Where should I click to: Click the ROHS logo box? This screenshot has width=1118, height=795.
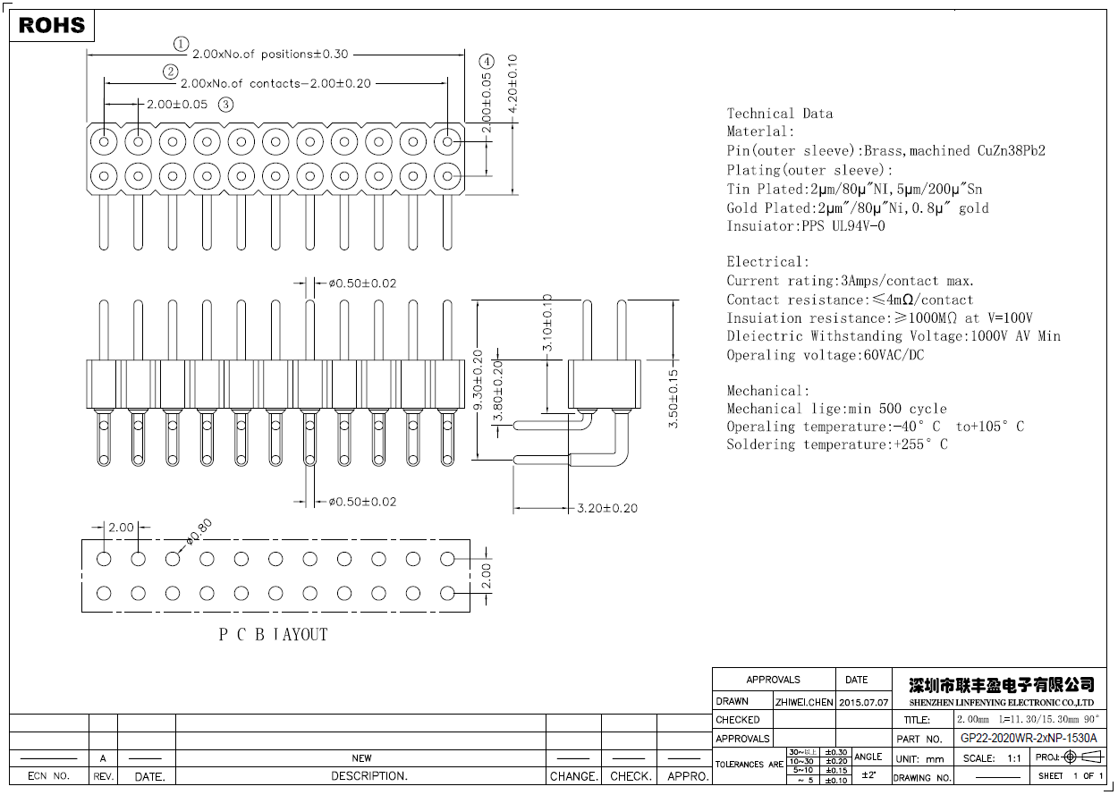[x=52, y=25]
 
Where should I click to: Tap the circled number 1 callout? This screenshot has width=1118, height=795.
[x=182, y=44]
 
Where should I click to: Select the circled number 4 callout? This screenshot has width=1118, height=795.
[x=486, y=62]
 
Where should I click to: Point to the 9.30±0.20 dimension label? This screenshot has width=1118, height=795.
[x=478, y=380]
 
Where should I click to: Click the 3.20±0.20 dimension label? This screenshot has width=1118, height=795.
[x=607, y=508]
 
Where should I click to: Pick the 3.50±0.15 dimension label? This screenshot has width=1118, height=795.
[x=673, y=399]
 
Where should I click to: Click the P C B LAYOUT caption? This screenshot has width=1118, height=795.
[x=274, y=634]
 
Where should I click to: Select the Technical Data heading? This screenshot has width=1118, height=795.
[x=779, y=114]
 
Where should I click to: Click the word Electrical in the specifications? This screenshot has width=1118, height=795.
[x=767, y=262]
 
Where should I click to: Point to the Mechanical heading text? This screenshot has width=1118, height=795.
[x=767, y=391]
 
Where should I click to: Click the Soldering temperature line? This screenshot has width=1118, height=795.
[x=836, y=444]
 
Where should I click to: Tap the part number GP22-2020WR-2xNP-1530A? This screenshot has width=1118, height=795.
[x=1028, y=739]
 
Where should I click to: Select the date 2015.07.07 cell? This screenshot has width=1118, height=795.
[x=863, y=702]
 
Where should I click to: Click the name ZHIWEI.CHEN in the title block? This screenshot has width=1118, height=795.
[x=803, y=702]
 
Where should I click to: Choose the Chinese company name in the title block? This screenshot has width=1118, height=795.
[x=1001, y=685]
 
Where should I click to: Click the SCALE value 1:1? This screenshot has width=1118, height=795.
[x=1014, y=758]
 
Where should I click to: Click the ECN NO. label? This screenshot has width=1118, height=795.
[x=49, y=776]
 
